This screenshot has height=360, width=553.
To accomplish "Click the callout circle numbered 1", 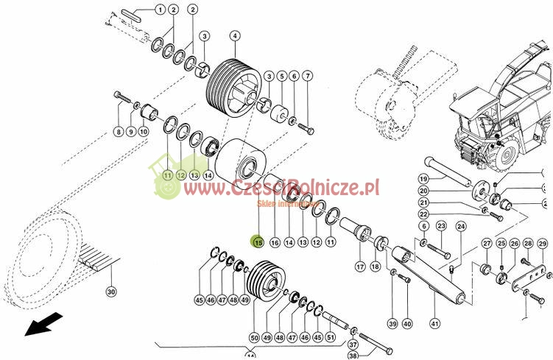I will point(160,10).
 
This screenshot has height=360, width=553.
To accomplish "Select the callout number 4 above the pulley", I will point(234,35).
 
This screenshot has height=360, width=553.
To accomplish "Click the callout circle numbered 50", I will point(254,337).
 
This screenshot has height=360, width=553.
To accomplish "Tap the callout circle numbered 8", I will point(118,132).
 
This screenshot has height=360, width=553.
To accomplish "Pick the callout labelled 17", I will point(360,267).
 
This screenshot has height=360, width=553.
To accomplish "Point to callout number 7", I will point(307,76).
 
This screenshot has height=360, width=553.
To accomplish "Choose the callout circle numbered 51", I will point(331,337).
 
